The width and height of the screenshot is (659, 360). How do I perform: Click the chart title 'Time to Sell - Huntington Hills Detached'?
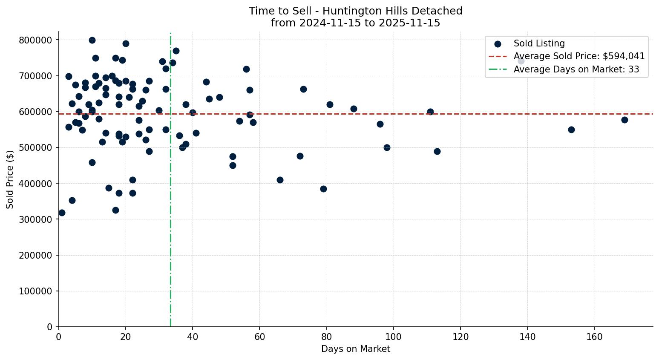355,11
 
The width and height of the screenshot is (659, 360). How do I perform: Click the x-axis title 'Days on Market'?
355,349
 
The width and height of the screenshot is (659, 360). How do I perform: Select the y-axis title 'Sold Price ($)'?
10,179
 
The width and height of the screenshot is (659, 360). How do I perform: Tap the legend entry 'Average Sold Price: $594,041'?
579,56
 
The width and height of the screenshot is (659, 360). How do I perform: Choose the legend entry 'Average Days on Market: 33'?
576,69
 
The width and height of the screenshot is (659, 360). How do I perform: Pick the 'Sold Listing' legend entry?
539,43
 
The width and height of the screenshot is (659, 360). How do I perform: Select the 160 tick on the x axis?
594,337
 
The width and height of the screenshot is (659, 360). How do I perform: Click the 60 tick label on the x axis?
259,337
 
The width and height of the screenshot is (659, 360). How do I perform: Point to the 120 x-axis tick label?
460,337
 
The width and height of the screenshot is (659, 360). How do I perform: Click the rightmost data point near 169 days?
624,120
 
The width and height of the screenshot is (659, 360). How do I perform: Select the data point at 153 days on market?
571,130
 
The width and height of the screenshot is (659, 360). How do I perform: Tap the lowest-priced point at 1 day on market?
62,213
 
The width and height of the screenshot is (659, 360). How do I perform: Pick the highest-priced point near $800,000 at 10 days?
92,40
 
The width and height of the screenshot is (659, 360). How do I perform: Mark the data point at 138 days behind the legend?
521,61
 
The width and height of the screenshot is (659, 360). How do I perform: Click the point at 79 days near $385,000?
323,189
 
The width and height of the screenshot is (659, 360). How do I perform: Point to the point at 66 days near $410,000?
280,180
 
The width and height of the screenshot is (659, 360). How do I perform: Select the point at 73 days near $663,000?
303,89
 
